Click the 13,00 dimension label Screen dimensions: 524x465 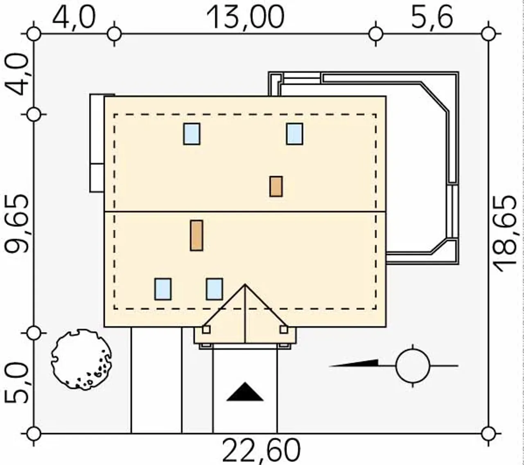(x=245, y=18)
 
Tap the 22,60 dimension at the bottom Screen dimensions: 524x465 (x=261, y=451)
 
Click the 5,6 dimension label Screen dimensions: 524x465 (x=432, y=18)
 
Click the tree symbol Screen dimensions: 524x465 (x=81, y=360)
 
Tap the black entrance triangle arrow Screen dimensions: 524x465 (x=245, y=392)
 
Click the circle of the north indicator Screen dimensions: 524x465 (x=413, y=366)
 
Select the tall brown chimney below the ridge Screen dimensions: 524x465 (x=196, y=236)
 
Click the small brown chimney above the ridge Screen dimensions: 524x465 (x=276, y=186)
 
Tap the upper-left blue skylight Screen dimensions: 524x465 (x=192, y=134)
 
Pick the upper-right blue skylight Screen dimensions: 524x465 (x=295, y=134)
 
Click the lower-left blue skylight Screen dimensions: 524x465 (x=163, y=289)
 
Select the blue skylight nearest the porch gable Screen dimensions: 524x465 (x=215, y=289)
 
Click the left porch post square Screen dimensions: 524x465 (x=206, y=329)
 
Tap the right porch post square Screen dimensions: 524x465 (x=284, y=329)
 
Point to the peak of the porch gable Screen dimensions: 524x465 (x=245, y=285)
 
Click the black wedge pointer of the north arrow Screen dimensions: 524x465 (x=354, y=363)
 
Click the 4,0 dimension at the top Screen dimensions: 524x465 (x=74, y=18)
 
